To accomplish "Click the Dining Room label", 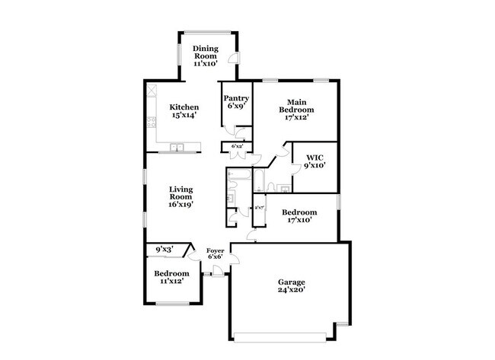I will (x=205, y=56).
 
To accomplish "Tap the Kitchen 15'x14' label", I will (x=184, y=112).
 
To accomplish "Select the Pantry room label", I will (x=235, y=102).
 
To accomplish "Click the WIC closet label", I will (x=315, y=162).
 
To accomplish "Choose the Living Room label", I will (x=180, y=196).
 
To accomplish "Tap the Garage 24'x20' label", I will (x=290, y=286).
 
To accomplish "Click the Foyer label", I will (x=216, y=253).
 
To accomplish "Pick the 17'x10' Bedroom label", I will (x=299, y=215).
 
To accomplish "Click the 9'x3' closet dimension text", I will (x=164, y=249).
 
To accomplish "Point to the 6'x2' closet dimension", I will (x=237, y=145).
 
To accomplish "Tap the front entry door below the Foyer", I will (x=218, y=275).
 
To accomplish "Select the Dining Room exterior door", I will (x=237, y=59).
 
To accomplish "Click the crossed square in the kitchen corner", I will (x=152, y=88).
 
